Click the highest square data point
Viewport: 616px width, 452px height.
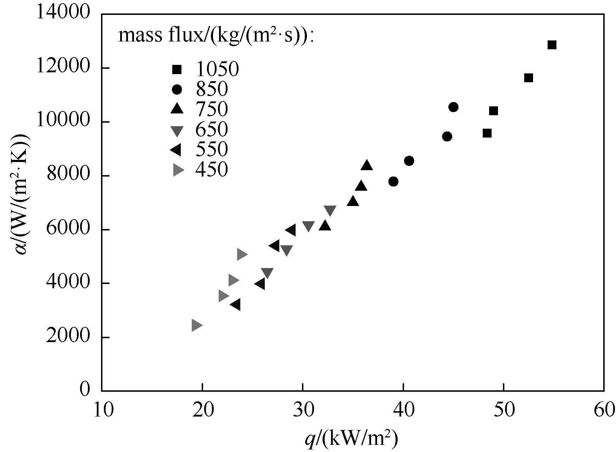[x=551, y=45]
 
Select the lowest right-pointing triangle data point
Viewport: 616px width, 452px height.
[x=196, y=325]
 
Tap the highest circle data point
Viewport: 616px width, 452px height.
[x=453, y=107]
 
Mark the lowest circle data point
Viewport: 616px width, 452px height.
[x=393, y=182]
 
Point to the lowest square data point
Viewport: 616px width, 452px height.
[x=487, y=133]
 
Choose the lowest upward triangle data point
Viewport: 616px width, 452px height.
[x=325, y=226]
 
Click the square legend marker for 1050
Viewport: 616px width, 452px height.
[x=177, y=70]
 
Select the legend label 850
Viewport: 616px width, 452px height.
[x=211, y=90]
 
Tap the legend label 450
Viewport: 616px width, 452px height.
[x=211, y=170]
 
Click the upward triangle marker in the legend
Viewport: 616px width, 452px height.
[x=177, y=109]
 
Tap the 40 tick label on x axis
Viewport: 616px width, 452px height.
[x=403, y=410]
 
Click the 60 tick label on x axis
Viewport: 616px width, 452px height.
[x=604, y=410]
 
